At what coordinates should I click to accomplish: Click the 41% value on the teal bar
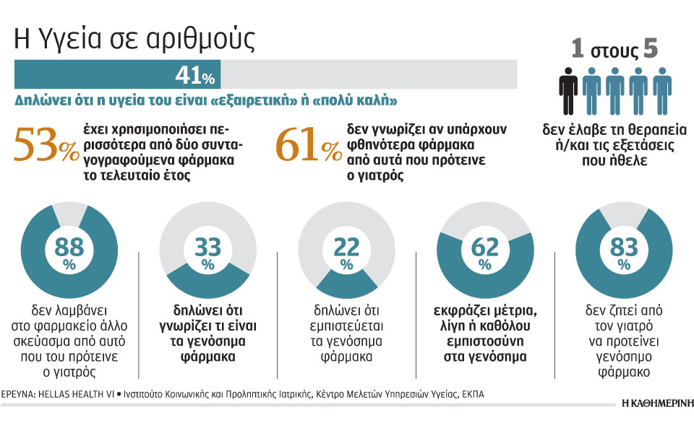(x=194, y=76)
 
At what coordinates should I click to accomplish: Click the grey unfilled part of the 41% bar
(x=369, y=75)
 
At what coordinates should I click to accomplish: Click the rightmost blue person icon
(x=662, y=90)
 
